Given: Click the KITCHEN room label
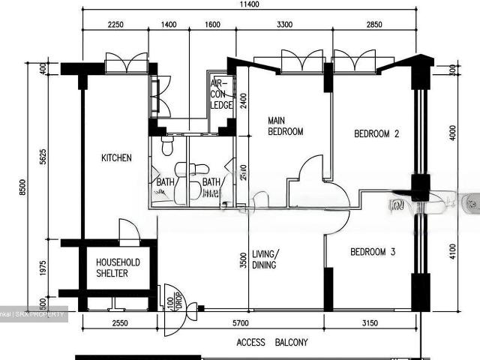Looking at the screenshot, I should pyautogui.click(x=116, y=158).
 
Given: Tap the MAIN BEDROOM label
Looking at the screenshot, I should pyautogui.click(x=286, y=126).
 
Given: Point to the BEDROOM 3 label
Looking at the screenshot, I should pyautogui.click(x=373, y=252).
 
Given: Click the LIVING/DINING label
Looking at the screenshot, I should pyautogui.click(x=264, y=259).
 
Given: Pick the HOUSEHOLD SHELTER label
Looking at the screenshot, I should pyautogui.click(x=118, y=268).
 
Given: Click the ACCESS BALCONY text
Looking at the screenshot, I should pyautogui.click(x=271, y=343).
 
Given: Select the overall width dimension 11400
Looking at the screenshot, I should pyautogui.click(x=249, y=4).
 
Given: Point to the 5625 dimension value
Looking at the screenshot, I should pyautogui.click(x=43, y=157).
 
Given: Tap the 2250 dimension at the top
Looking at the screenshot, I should pyautogui.click(x=115, y=25).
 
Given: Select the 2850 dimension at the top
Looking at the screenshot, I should pyautogui.click(x=373, y=25).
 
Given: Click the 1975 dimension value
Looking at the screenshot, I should pyautogui.click(x=43, y=268).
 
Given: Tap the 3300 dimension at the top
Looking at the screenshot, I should pyautogui.click(x=284, y=25).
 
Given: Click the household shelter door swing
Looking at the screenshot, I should pyautogui.click(x=128, y=229).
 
